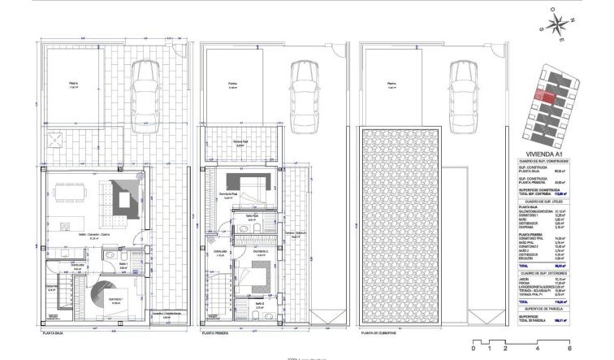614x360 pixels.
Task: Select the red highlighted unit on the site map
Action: click(x=545, y=98)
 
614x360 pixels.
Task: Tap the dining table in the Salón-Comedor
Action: click(x=67, y=193)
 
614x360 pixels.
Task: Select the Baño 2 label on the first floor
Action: click(x=259, y=306)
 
